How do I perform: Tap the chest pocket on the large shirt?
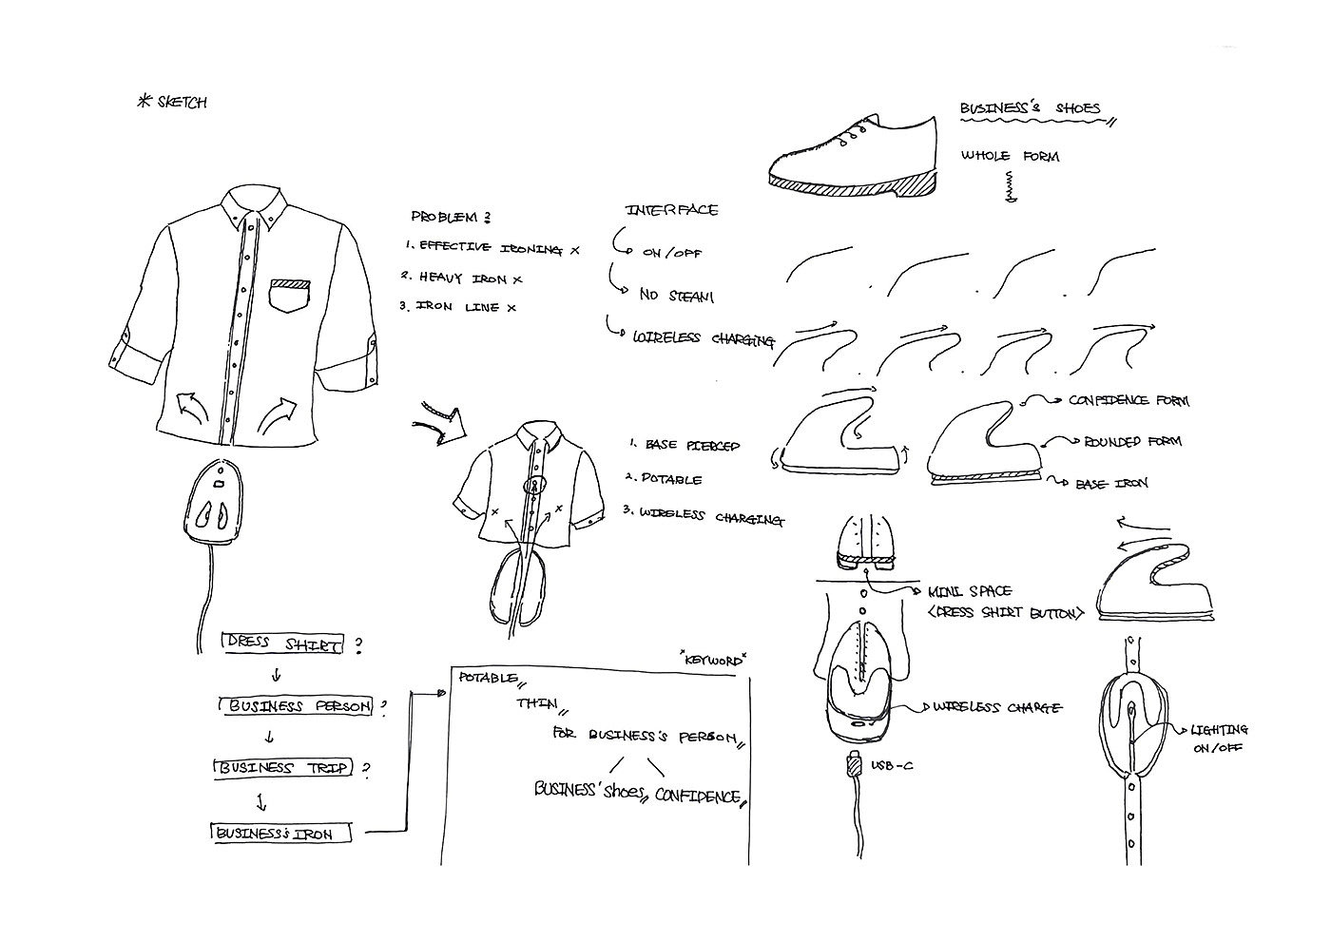tap(291, 296)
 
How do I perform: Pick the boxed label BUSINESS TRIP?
tap(283, 768)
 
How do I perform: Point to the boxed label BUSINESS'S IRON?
tap(280, 834)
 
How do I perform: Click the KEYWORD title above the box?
tap(713, 659)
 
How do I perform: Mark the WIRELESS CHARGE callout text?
tap(998, 707)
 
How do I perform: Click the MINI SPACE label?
tap(969, 591)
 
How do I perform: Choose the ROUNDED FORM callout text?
tap(1131, 442)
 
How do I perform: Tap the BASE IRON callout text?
tap(1111, 484)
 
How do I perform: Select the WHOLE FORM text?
tap(1009, 156)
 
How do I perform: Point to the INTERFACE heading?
tap(671, 210)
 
